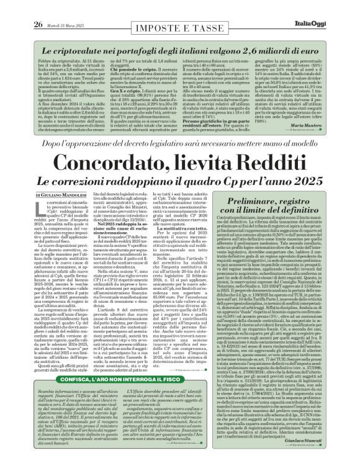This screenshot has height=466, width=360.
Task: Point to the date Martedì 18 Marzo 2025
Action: click(x=56, y=7)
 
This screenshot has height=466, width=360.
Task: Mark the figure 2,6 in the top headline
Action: click(x=259, y=41)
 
